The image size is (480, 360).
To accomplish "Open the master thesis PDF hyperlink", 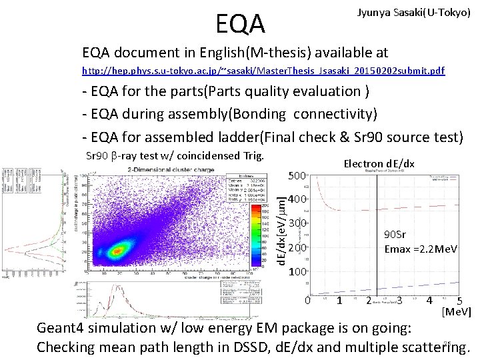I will [263, 70].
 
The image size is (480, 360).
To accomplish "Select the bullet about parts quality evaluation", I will [226, 91].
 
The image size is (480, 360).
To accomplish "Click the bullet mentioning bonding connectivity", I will [229, 114].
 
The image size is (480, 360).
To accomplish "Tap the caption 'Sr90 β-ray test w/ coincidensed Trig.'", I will [176, 157].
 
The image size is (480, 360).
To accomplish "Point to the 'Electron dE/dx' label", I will [379, 163].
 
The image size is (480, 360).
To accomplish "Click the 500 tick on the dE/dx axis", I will [297, 176].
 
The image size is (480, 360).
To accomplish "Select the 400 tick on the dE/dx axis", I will [297, 200].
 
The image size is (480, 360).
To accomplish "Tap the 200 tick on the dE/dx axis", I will [297, 248].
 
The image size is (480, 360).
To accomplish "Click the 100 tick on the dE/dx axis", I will [297, 272].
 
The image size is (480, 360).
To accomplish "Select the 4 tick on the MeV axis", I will [430, 301].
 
